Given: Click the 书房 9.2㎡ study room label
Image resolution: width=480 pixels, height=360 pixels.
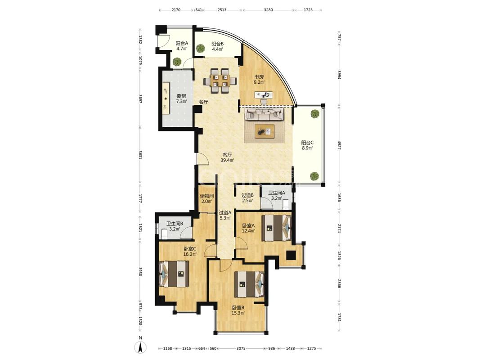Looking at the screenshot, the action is pos(259,79).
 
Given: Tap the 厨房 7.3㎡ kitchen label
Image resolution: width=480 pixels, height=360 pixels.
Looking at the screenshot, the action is pos(182,99).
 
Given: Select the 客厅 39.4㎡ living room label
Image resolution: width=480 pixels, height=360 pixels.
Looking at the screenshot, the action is pos(228,157).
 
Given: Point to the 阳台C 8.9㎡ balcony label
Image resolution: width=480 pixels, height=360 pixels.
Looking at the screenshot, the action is pos(307,145).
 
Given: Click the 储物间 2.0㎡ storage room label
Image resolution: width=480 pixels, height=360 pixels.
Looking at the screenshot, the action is pos(206,198).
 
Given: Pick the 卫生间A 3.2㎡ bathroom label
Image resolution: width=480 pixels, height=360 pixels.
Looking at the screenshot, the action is pos(277,195).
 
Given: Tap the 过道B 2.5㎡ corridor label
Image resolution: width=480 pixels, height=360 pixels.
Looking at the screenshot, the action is pos(247,198).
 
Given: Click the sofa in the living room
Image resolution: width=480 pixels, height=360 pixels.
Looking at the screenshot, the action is pos(265,114).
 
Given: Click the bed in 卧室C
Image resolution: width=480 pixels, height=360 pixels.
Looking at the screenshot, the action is pos(174,274).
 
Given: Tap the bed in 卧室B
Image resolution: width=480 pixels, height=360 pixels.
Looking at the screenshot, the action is pos(249,284).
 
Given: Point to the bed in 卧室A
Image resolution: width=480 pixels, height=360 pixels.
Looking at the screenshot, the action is pos(276,228).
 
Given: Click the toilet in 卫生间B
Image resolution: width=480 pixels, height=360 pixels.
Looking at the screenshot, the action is pos(164,234).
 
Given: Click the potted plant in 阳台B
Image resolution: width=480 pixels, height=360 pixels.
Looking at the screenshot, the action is pos(201,48).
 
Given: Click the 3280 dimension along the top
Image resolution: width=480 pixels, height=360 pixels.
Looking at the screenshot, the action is pos(268,10).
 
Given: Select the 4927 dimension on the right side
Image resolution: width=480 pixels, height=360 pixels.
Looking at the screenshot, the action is pos(339,145).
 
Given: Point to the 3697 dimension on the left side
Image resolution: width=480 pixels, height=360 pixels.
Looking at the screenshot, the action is pos(140,99).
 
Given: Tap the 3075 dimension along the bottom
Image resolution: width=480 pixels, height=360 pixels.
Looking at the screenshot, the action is pos(242,348).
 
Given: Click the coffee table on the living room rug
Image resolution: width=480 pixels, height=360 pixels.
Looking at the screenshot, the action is pos(265,132).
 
